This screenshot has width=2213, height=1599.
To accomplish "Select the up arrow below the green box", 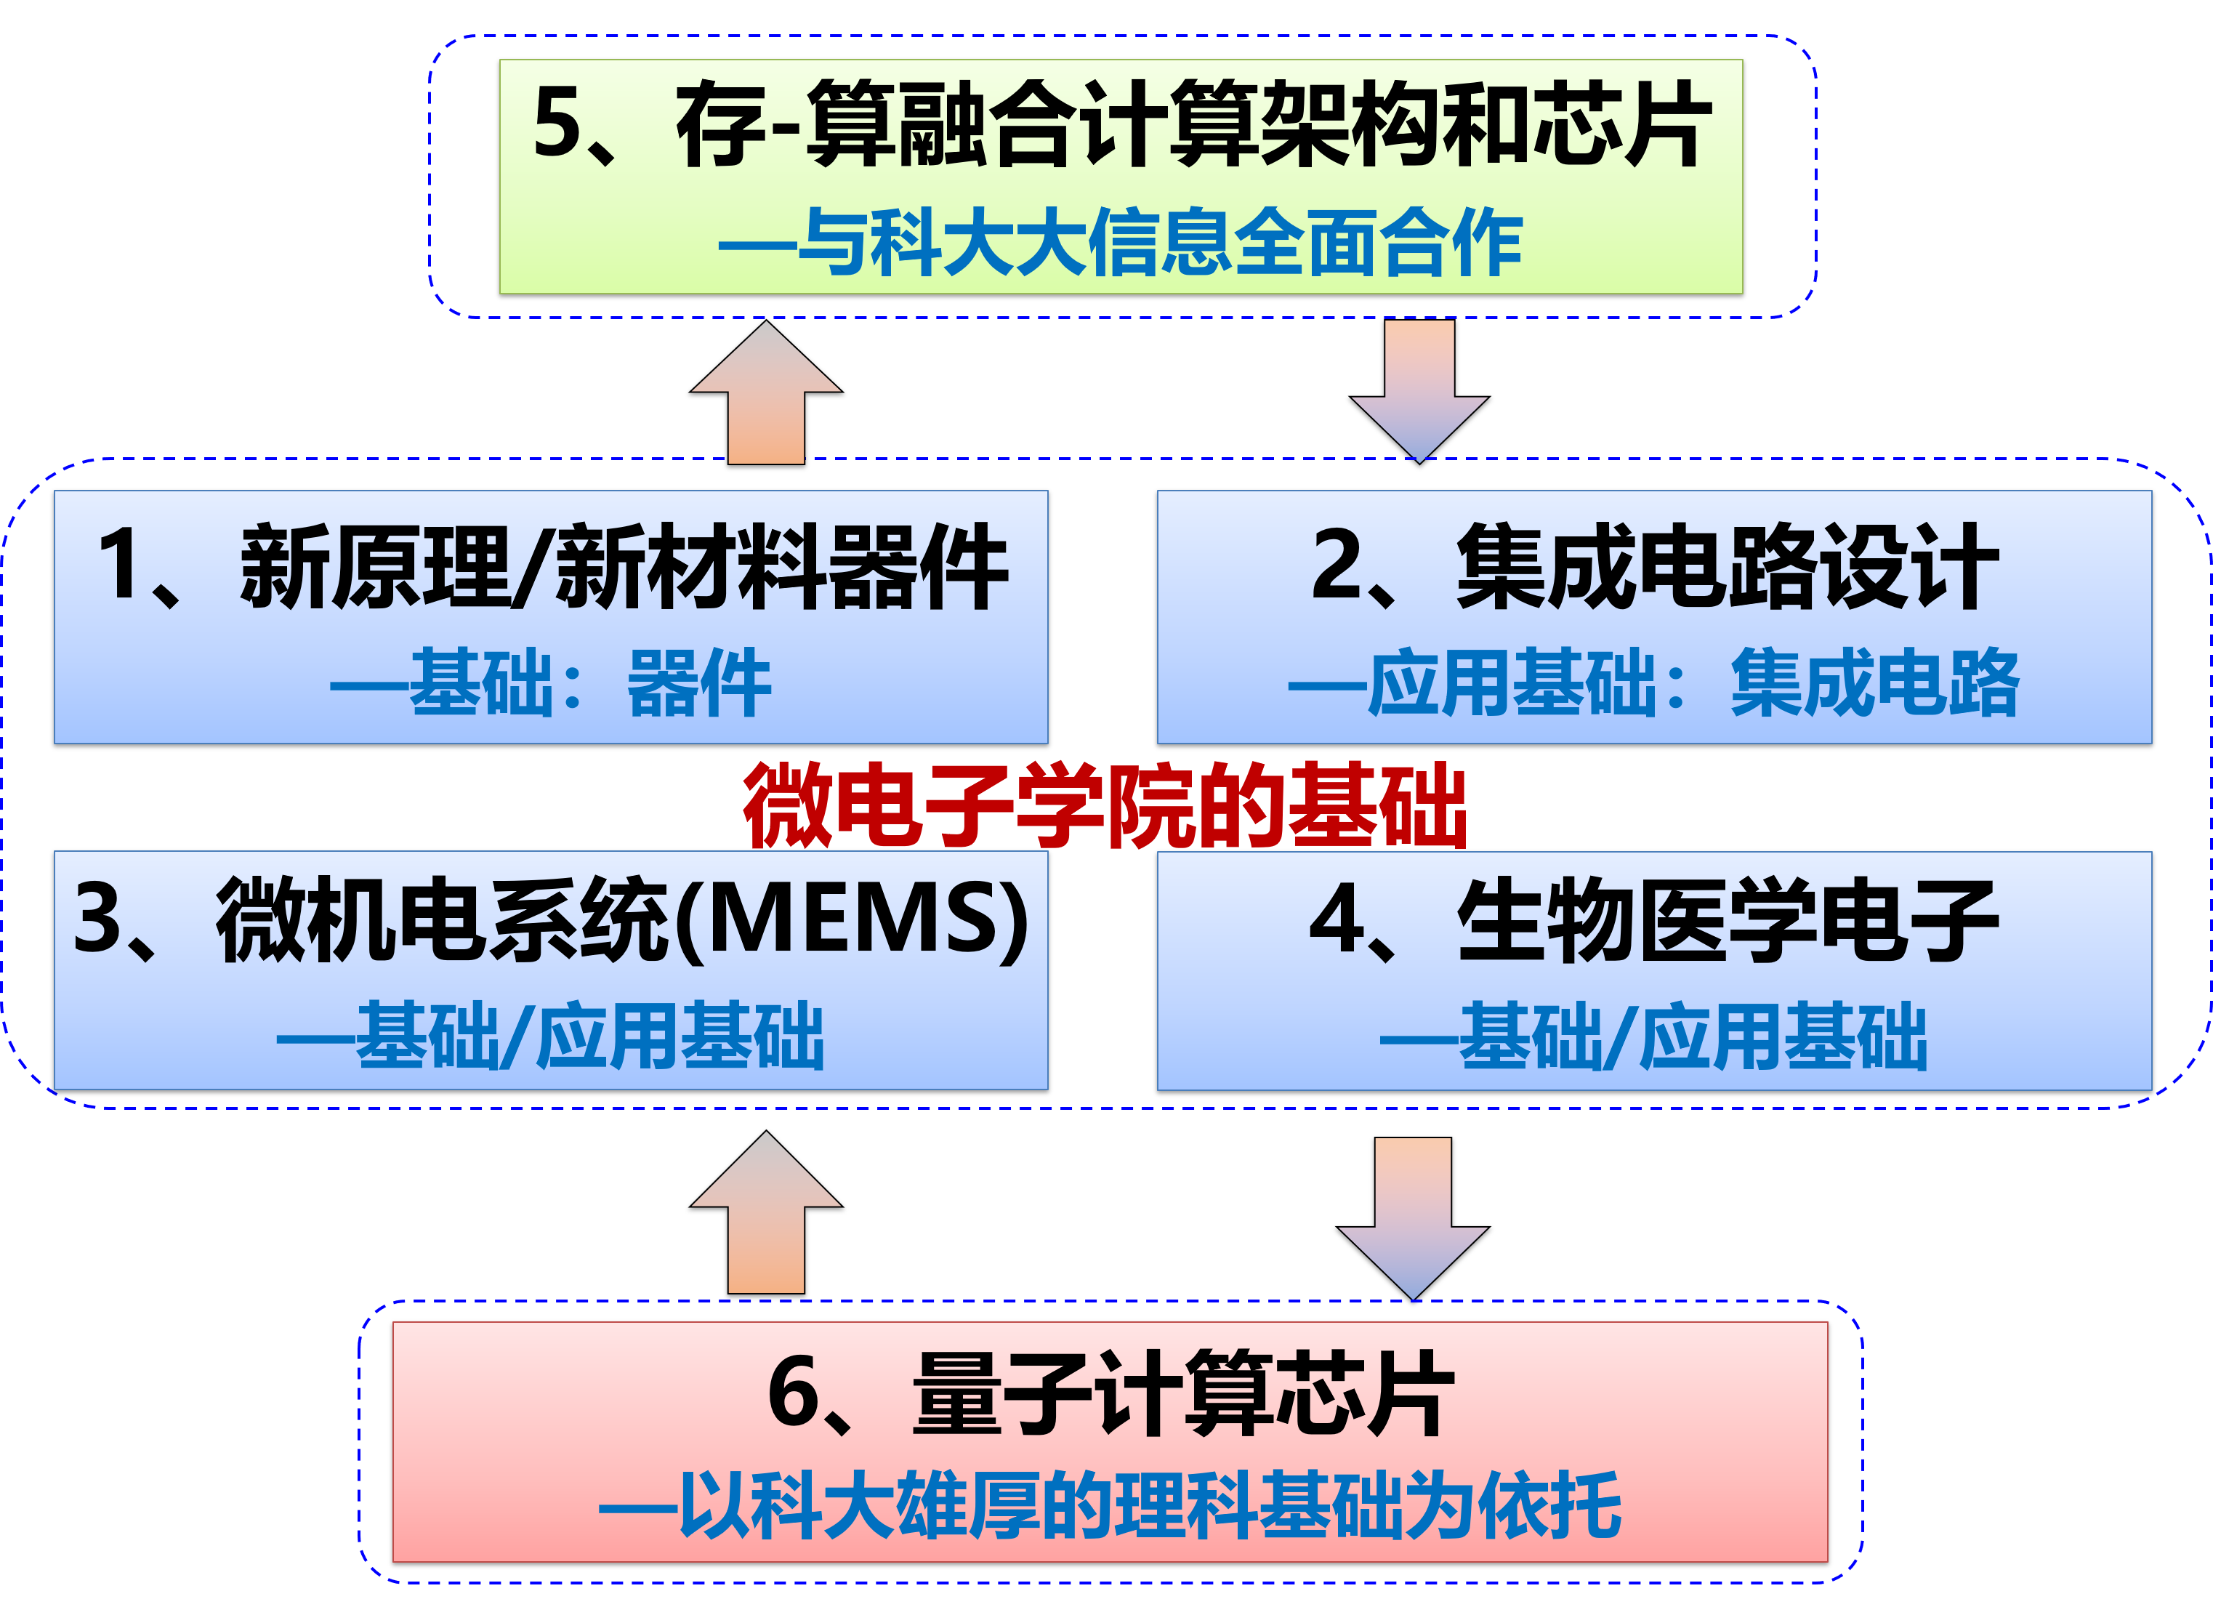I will [x=766, y=395].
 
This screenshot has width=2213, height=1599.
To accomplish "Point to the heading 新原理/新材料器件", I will [x=624, y=567].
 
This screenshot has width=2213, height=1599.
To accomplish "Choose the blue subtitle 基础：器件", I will [x=552, y=684].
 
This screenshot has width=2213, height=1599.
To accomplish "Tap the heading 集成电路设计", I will [x=1727, y=567].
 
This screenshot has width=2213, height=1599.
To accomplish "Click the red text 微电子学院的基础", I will [x=1105, y=806].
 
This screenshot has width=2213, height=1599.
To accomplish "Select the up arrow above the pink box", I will [x=766, y=1215].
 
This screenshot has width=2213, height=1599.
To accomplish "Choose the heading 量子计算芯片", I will [x=1182, y=1393].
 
